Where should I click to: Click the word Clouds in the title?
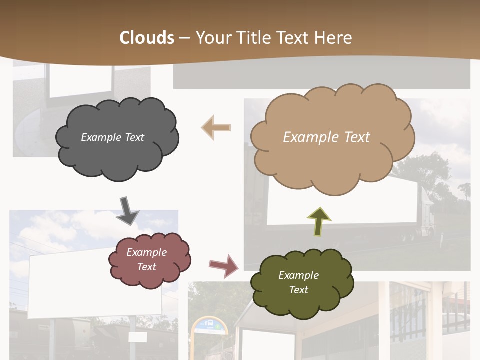point(147,38)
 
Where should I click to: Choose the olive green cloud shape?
point(302,305)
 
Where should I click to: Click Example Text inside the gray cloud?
point(112,137)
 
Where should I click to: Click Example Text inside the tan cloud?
point(326,137)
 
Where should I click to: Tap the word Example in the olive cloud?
point(298,275)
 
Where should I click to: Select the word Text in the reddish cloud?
point(147,267)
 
